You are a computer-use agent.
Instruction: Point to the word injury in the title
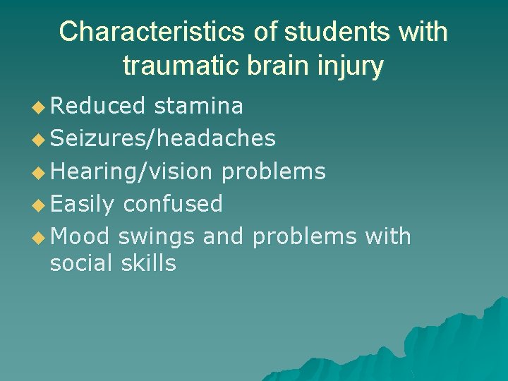pos(352,66)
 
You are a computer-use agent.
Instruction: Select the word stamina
pos(198,106)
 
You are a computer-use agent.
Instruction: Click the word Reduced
pos(98,106)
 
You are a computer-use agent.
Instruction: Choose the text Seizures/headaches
pos(163,138)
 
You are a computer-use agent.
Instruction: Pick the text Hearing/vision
pos(131,171)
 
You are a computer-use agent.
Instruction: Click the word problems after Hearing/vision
pos(273,171)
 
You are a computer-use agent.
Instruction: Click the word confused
pos(173,204)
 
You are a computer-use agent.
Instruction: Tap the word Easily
pos(83,204)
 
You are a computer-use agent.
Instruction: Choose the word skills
pos(148,263)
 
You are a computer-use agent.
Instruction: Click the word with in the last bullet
pos(388,236)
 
